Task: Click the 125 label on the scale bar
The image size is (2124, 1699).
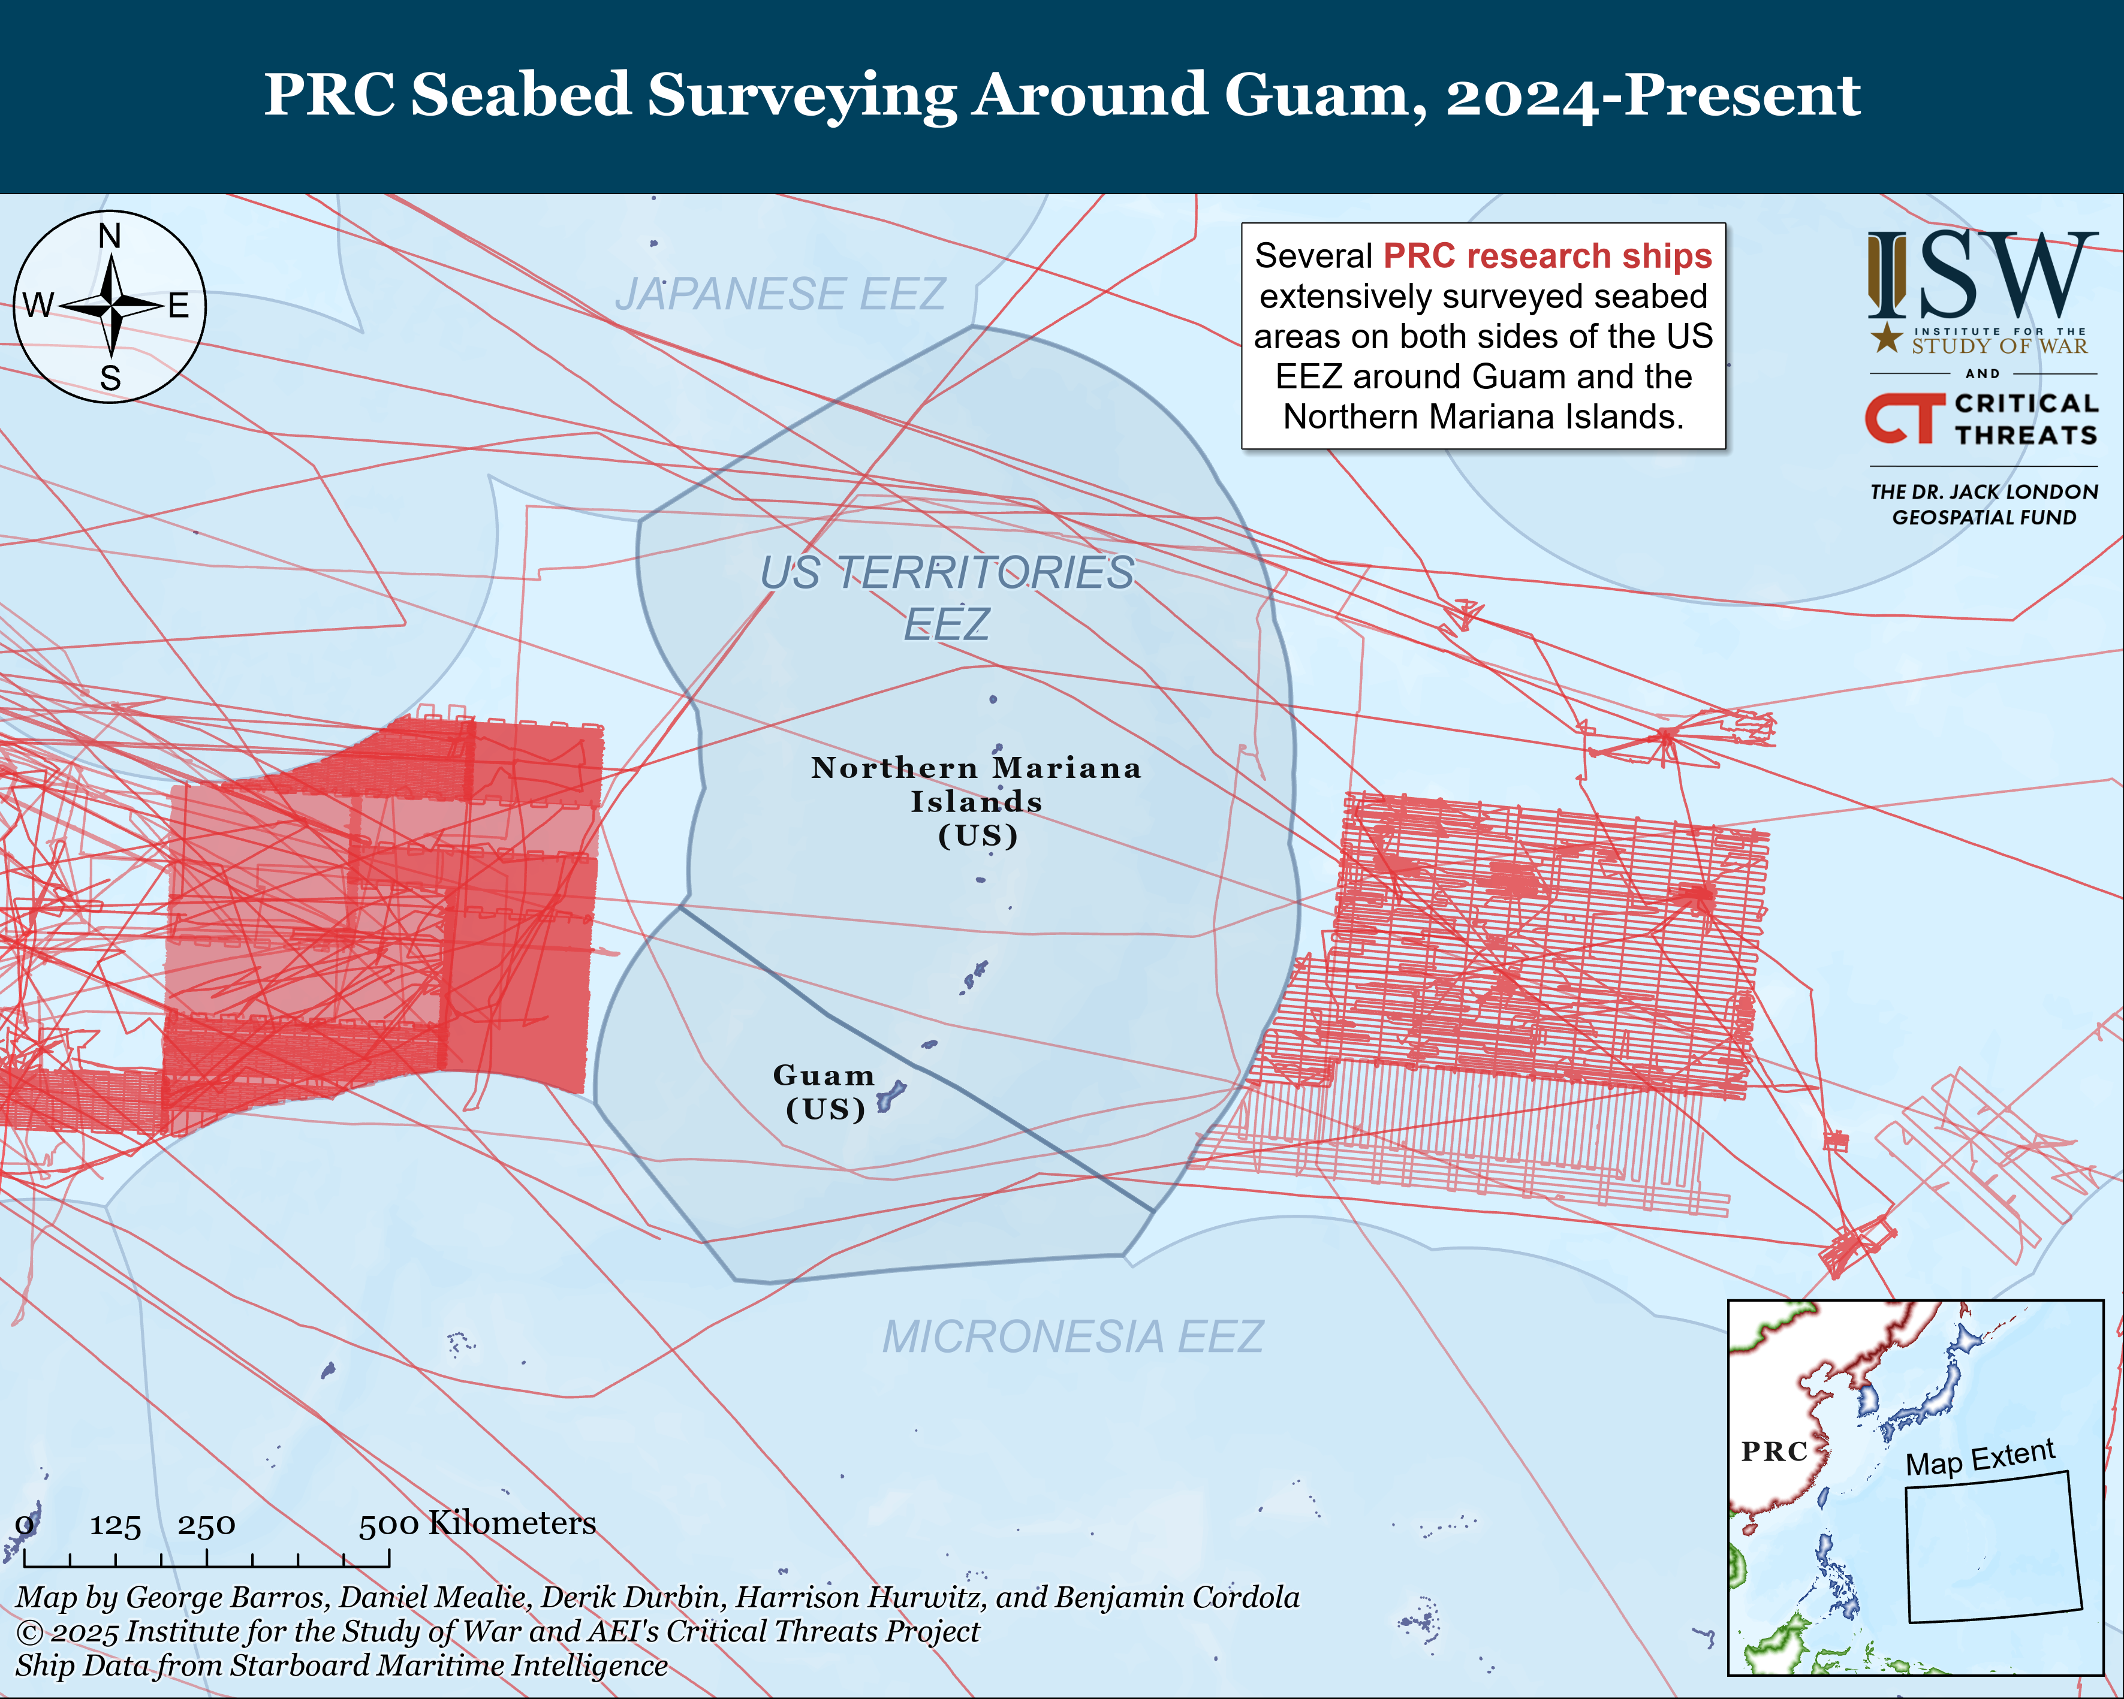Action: tap(115, 1526)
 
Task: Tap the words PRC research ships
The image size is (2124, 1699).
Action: tap(1548, 256)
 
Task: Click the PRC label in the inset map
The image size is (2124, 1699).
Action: tap(1774, 1451)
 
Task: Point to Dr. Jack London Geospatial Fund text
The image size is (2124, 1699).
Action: tap(1983, 504)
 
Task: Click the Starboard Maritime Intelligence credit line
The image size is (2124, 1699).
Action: tap(341, 1665)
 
